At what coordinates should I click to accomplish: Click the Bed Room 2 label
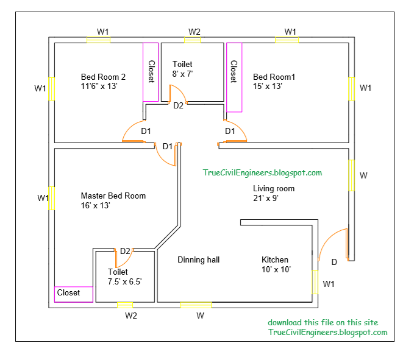click(103, 77)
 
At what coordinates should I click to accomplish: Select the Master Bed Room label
click(113, 196)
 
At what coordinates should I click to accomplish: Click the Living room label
click(274, 189)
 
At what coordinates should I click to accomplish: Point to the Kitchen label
click(275, 259)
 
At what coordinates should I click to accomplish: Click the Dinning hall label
click(198, 259)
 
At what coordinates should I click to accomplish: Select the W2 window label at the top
click(194, 31)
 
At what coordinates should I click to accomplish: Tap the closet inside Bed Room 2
click(151, 72)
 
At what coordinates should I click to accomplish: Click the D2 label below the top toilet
click(178, 106)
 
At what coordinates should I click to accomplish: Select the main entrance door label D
click(333, 263)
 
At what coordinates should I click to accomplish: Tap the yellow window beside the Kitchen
click(315, 282)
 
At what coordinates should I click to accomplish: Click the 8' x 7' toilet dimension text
click(182, 74)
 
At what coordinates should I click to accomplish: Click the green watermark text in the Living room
click(262, 173)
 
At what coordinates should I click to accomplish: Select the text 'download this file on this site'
click(323, 322)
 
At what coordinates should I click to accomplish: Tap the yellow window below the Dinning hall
click(196, 305)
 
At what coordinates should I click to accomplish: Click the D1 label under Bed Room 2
click(146, 131)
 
